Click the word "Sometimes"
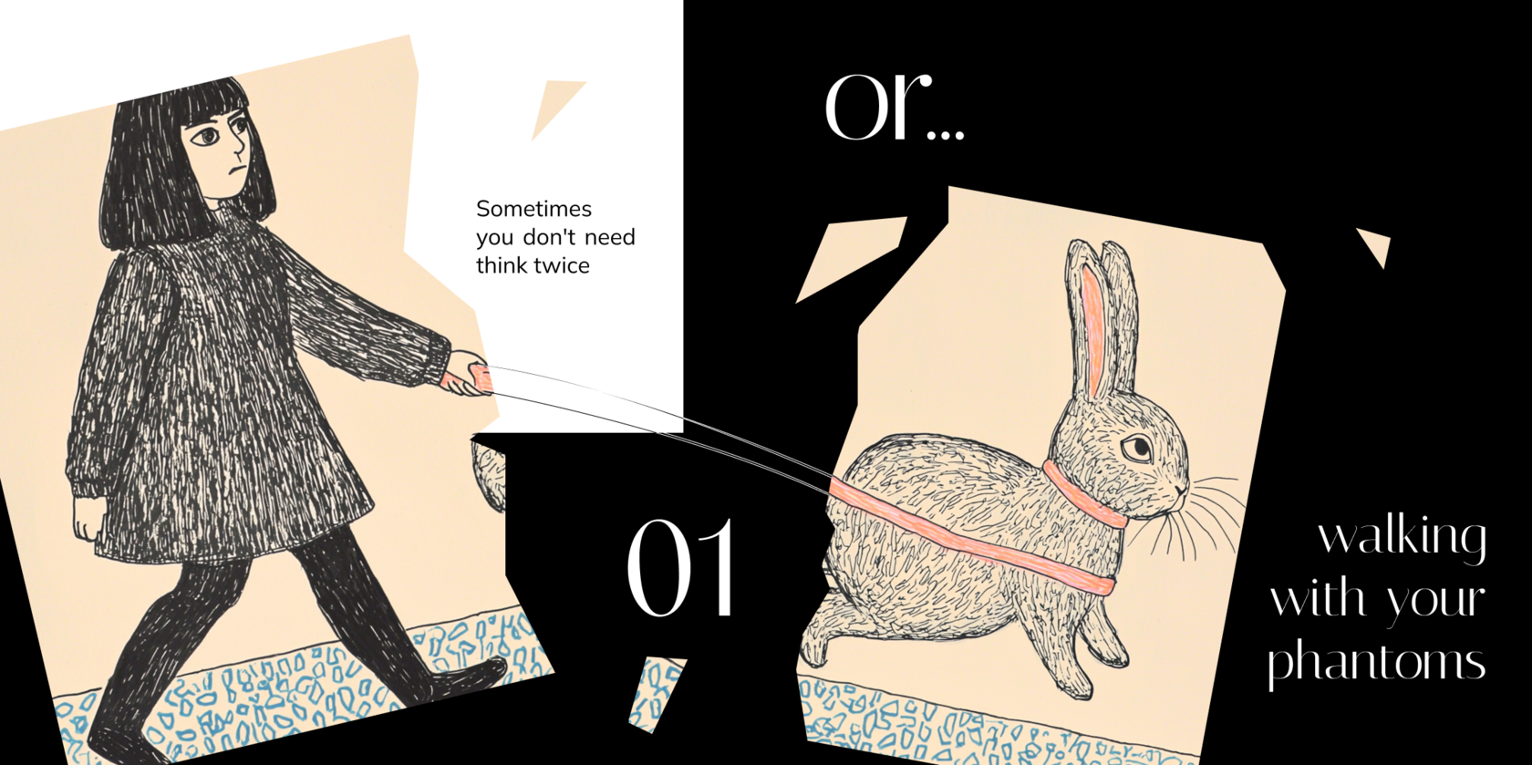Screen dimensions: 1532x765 pyautogui.click(x=533, y=209)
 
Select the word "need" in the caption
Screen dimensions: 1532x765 pyautogui.click(x=610, y=237)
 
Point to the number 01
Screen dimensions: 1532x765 pyautogui.click(x=681, y=567)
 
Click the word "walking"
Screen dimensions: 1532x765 pyautogui.click(x=1403, y=538)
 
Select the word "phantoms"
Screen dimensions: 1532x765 pyautogui.click(x=1377, y=661)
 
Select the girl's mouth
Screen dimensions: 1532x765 pyautogui.click(x=234, y=169)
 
